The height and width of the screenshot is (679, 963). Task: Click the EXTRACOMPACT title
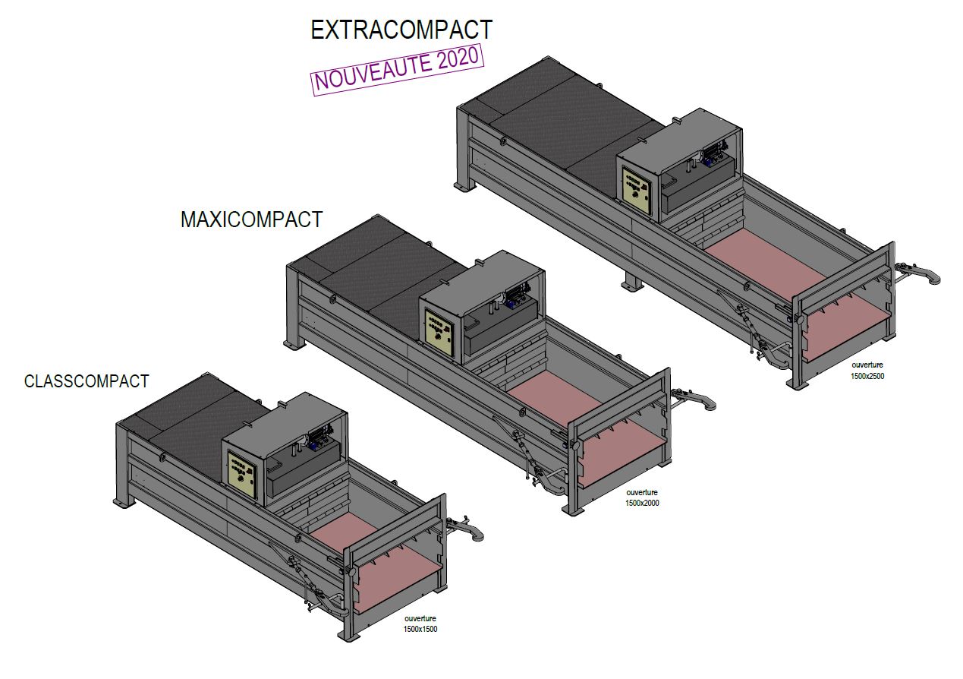(401, 30)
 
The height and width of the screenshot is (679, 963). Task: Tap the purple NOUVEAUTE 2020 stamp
(398, 69)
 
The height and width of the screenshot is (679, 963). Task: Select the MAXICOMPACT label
(251, 219)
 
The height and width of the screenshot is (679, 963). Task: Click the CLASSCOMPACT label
(87, 381)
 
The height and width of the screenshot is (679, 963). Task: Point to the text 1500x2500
(867, 376)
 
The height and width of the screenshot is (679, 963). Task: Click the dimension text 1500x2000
(642, 503)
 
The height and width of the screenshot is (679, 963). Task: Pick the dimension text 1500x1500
(420, 629)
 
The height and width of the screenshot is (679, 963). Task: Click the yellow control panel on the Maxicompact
(439, 331)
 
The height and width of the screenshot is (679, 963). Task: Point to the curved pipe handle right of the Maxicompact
(694, 399)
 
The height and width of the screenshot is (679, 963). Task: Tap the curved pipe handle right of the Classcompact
(467, 528)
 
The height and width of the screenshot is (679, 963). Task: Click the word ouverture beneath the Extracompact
(867, 365)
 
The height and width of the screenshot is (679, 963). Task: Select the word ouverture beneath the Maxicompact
(642, 492)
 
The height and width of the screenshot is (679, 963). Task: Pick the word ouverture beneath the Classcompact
(420, 618)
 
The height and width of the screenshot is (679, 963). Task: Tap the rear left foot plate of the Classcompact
(124, 502)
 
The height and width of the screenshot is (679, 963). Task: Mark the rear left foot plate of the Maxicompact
(294, 344)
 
